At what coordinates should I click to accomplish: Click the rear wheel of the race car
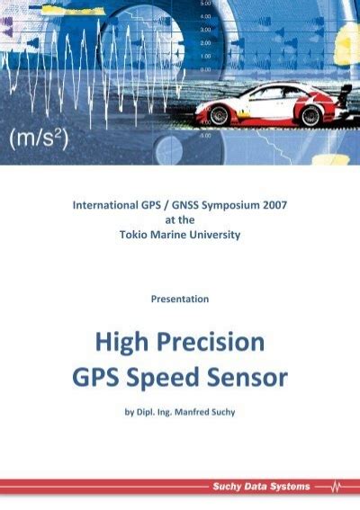click(x=310, y=115)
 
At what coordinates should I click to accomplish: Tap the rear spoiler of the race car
click(x=342, y=85)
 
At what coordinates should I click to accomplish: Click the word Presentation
click(x=180, y=298)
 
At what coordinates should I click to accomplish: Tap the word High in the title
click(x=121, y=343)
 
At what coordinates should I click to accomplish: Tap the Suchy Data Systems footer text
click(x=261, y=487)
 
